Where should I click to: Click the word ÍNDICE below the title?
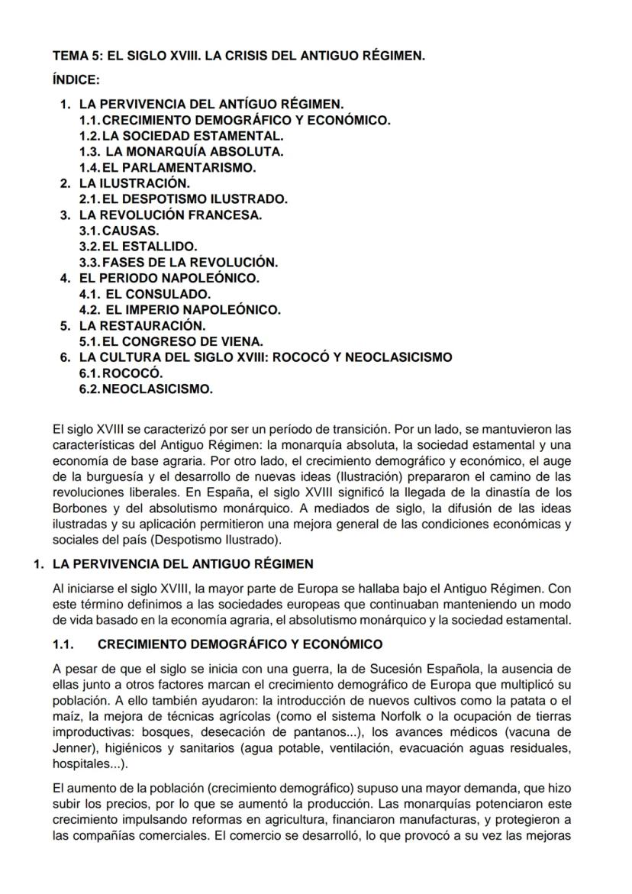[76, 79]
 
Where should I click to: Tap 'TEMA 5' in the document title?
[73, 56]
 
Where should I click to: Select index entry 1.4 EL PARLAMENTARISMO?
[167, 167]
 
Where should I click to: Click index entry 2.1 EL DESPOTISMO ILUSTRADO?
[183, 199]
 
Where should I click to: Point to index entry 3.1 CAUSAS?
[119, 231]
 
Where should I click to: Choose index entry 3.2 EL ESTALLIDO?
[138, 247]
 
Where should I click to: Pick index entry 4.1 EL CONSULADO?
[145, 294]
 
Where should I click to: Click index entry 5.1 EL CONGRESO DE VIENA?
[171, 341]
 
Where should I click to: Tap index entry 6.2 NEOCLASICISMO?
[146, 389]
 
